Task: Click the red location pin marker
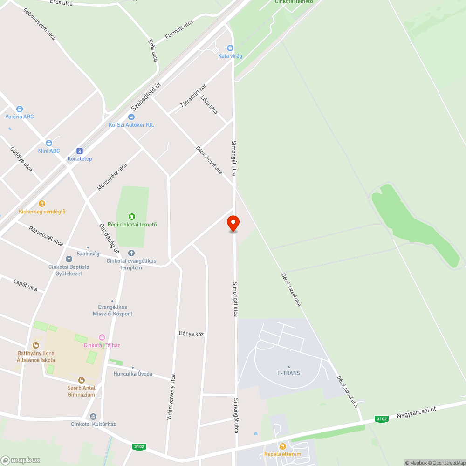[233, 223]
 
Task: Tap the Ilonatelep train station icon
[80, 151]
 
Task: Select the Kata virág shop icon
[230, 48]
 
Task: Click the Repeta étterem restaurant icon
[282, 446]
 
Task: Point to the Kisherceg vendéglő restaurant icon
[42, 204]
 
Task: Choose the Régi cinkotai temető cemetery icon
[132, 216]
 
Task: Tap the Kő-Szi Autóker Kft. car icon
[131, 117]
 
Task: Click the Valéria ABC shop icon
[20, 109]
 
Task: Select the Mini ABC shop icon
[49, 143]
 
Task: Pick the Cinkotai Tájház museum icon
[102, 337]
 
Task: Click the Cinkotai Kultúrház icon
[93, 416]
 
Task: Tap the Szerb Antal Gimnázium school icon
[82, 380]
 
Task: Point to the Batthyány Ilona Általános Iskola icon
[36, 345]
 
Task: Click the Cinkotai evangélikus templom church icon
[131, 253]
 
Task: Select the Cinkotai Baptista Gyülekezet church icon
[69, 259]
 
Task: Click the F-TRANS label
[289, 373]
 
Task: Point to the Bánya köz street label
[192, 334]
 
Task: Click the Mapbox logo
[21, 460]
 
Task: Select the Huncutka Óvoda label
[133, 374]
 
